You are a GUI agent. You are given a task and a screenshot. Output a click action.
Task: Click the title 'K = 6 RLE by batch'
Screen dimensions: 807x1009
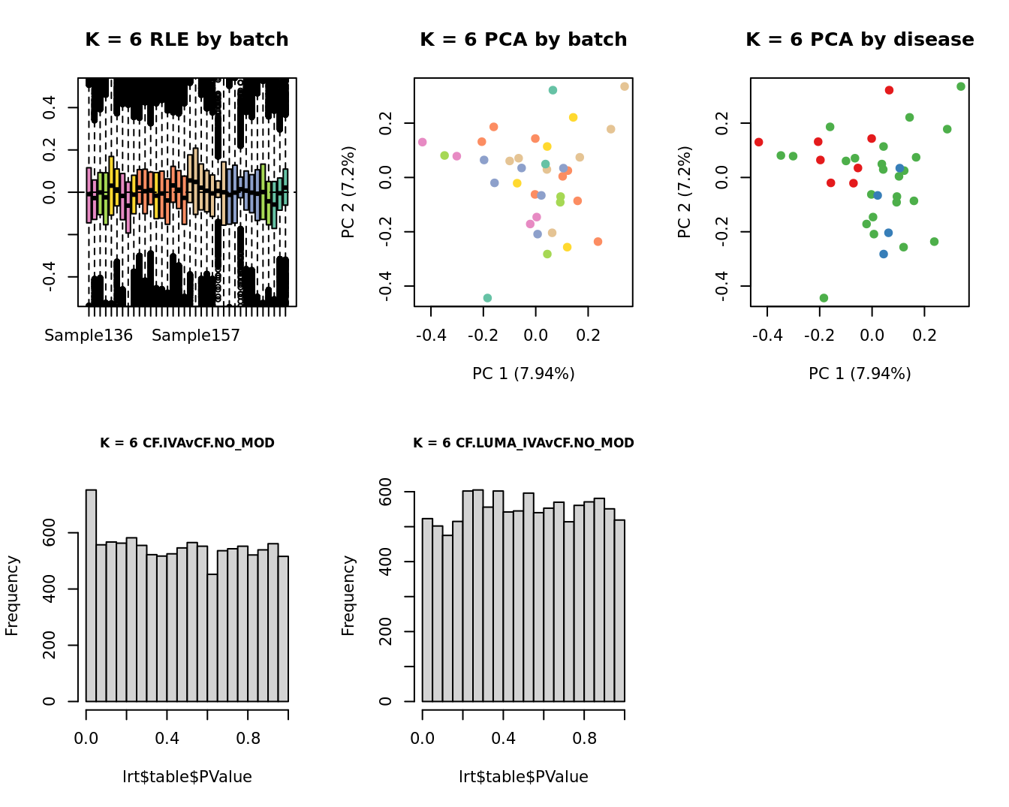186,40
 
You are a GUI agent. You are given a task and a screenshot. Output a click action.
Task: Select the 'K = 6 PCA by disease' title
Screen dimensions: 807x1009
860,40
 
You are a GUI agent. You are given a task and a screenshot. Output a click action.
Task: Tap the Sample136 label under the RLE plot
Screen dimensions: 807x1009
89,336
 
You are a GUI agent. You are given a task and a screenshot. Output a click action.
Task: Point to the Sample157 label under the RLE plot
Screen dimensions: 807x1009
196,336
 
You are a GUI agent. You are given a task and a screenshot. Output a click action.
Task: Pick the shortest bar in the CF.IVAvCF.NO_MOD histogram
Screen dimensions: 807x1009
212,637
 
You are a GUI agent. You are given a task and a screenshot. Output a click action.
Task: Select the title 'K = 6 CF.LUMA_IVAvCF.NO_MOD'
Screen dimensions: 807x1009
523,443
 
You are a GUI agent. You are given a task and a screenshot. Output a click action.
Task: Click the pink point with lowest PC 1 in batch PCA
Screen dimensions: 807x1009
423,142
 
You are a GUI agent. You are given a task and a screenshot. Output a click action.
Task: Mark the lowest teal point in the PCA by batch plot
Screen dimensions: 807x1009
487,298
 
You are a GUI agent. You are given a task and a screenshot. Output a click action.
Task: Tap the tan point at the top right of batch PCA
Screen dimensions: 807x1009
625,86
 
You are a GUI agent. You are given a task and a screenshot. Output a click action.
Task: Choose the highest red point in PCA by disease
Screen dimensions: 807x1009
889,90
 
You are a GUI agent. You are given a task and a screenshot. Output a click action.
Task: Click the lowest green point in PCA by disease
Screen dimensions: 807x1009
824,298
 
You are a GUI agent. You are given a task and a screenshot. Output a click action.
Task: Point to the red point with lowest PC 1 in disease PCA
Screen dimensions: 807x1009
759,142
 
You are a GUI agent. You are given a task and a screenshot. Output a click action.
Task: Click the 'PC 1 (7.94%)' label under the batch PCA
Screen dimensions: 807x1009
523,373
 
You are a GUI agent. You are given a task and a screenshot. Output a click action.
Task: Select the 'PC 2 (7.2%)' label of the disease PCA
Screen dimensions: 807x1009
684,192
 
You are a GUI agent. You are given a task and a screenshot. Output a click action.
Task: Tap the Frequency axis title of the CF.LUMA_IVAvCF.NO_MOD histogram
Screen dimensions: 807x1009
348,595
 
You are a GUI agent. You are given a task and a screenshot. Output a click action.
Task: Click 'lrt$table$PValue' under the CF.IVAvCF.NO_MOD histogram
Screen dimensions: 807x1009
187,777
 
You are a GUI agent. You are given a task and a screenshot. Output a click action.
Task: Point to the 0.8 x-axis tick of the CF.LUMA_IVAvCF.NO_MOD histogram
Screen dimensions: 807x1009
584,738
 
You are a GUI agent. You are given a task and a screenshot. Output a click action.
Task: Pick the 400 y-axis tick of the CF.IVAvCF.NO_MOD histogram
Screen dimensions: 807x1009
49,589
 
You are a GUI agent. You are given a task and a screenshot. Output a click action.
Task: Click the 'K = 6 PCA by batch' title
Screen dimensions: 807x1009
523,40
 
